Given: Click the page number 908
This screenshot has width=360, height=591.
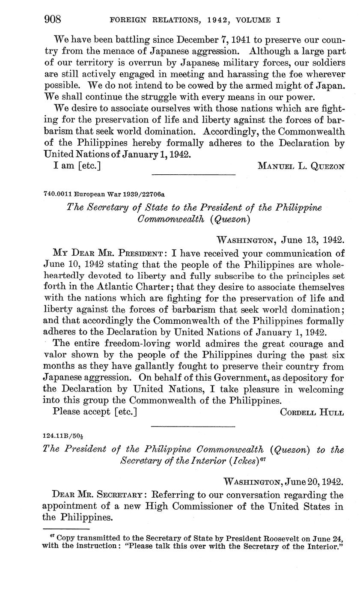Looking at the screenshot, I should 53,20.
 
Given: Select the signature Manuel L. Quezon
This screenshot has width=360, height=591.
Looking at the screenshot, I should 300,166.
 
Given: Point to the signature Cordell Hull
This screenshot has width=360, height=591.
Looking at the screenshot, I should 312,412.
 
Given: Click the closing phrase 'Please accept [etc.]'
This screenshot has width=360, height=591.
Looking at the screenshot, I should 95,412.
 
